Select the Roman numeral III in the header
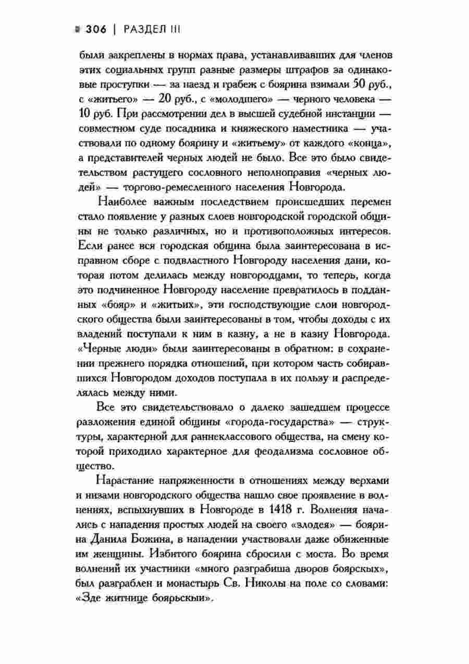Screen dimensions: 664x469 174,30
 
